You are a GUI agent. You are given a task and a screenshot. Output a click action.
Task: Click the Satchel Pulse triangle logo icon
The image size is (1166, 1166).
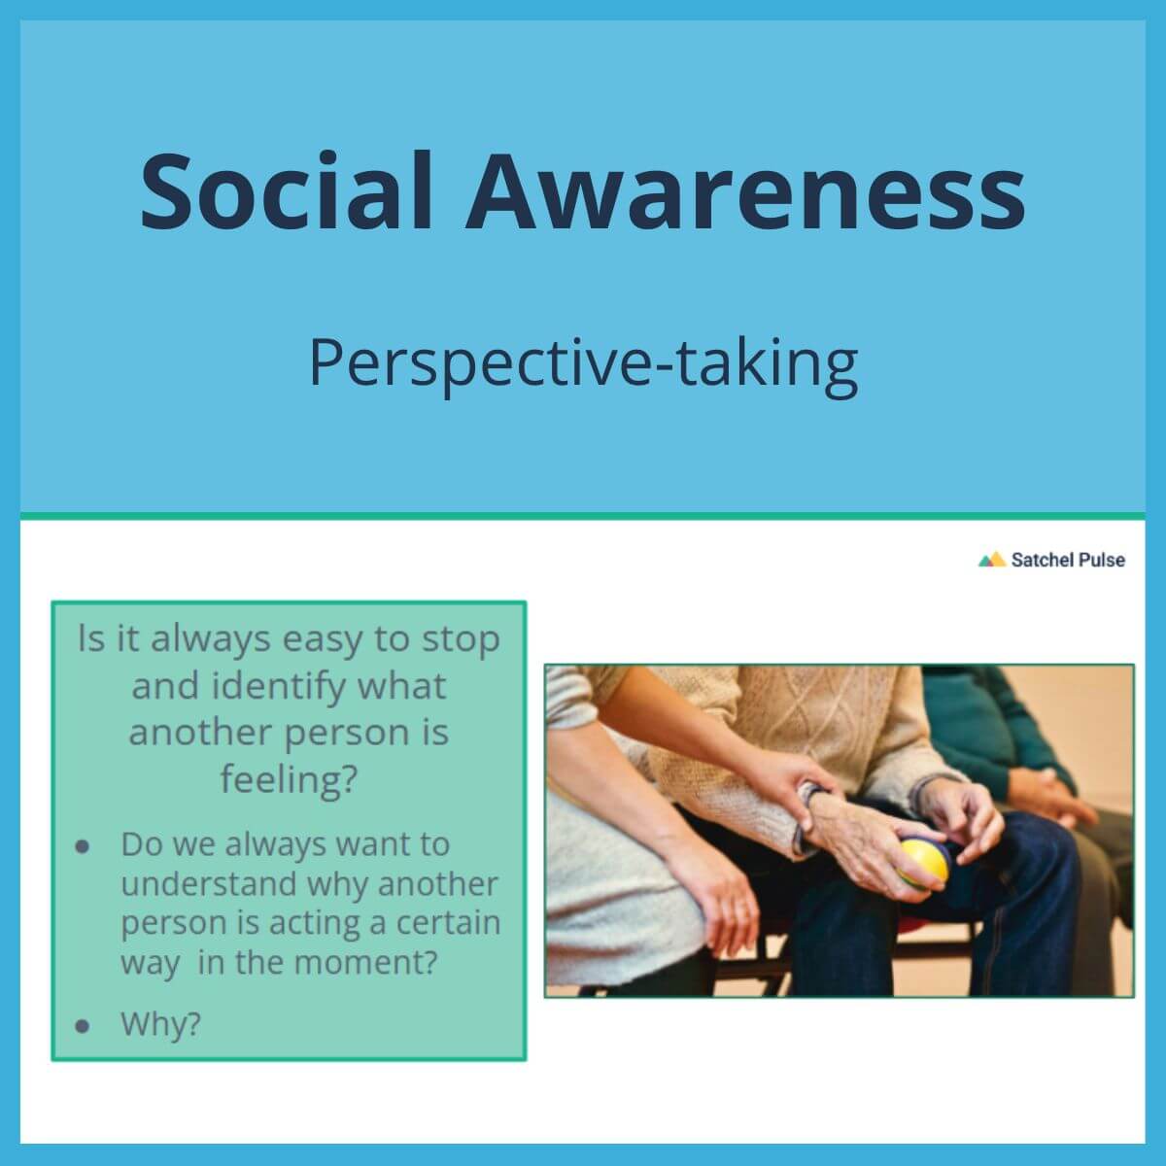pos(991,560)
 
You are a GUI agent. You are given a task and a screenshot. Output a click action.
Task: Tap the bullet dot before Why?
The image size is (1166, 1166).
pos(83,1025)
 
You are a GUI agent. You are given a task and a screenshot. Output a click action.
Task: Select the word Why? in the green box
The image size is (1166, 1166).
pos(160,1024)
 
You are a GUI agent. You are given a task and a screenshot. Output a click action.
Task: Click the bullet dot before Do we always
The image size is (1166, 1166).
pos(83,846)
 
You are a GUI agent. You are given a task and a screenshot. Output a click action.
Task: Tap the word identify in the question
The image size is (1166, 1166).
pos(265,687)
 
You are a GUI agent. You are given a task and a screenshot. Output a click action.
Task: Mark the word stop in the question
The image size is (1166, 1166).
pos(461,640)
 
